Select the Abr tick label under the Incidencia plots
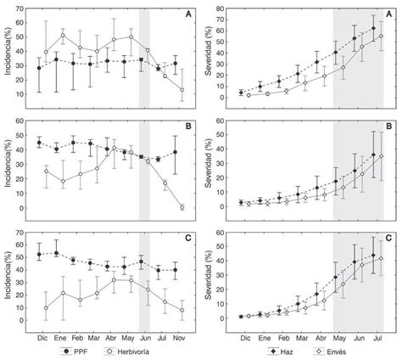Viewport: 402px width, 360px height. [109, 336]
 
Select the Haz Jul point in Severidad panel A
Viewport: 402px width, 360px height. [374, 28]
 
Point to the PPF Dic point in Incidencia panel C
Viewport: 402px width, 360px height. [41, 254]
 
